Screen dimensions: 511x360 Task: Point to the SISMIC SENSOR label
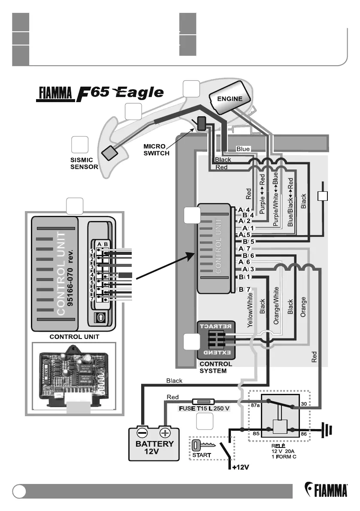(84, 163)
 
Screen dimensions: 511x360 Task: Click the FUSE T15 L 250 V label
(204, 408)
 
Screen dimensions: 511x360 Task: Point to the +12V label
(241, 466)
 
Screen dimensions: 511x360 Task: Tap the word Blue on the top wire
(243, 149)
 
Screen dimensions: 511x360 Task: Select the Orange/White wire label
(276, 305)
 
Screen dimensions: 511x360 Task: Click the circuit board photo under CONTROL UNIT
(73, 375)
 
